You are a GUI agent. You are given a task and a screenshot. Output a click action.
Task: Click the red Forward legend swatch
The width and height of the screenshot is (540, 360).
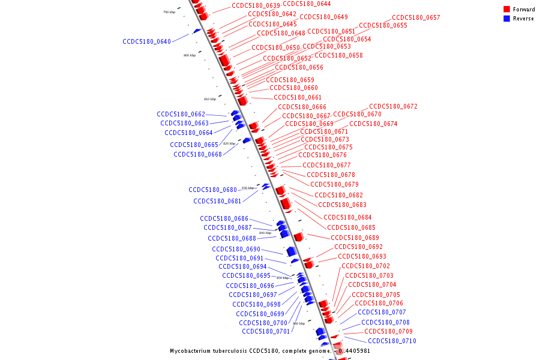coord(507,10)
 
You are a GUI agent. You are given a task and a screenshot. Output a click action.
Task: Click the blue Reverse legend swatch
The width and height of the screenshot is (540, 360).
coord(507,19)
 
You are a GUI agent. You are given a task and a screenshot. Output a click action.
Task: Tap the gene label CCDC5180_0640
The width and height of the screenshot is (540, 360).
coord(146,42)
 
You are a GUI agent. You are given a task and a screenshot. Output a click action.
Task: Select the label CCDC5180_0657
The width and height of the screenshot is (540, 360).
coord(416,18)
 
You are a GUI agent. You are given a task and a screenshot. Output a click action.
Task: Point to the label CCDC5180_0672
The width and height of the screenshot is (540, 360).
coord(393,107)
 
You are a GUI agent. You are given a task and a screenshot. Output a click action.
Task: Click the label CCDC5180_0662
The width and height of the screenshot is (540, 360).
coord(181,114)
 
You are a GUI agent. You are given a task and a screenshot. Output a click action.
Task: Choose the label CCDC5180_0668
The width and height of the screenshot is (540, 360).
coord(197,154)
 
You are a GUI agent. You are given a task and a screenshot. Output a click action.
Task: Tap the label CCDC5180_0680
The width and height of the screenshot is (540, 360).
coord(212,190)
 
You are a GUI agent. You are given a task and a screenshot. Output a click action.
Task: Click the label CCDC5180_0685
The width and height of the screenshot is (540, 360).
coord(351,227)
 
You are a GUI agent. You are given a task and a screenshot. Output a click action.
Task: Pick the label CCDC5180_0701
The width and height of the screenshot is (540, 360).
coord(266,331)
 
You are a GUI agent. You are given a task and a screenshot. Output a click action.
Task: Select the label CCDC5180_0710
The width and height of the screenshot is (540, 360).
coord(392,341)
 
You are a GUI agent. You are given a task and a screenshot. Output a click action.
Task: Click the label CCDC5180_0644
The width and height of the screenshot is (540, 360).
coord(307,4)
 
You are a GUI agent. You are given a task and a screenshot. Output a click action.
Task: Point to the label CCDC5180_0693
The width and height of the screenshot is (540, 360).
coord(362,256)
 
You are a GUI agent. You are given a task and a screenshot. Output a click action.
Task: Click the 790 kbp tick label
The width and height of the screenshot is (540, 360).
coord(169,12)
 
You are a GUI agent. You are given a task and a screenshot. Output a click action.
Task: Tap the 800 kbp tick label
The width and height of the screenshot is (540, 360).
coord(190,55)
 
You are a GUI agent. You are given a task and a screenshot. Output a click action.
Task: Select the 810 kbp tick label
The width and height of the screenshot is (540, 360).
coord(210,99)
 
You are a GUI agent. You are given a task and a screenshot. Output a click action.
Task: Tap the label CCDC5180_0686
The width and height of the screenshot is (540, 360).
coord(224,218)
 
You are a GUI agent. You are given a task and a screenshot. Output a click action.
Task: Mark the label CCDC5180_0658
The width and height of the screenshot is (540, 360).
coord(338,55)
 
